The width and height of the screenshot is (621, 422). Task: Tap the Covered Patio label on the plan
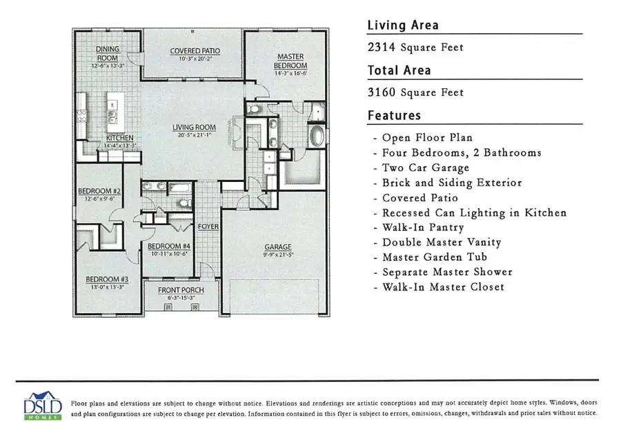195,51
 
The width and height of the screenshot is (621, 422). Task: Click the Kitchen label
119,138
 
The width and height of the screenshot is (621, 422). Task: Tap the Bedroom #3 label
103,279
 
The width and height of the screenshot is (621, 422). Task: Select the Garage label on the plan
279,247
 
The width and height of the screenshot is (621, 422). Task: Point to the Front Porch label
181,290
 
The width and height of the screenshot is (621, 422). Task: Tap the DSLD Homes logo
43,405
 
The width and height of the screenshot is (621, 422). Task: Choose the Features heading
394,115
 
